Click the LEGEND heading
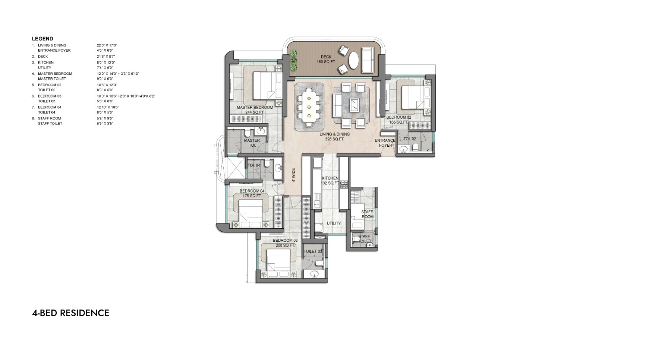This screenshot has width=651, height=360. [42, 39]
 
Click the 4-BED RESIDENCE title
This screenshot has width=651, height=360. [71, 313]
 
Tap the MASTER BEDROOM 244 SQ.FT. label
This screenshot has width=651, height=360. [254, 110]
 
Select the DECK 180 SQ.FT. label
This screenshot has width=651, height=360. [326, 59]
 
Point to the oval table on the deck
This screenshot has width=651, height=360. [354, 60]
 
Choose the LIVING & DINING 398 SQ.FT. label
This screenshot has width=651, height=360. [334, 137]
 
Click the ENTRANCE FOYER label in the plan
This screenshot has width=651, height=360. [385, 143]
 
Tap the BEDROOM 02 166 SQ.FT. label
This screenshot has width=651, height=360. [399, 120]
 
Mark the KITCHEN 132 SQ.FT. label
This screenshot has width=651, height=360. [330, 180]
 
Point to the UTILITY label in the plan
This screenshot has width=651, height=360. [334, 223]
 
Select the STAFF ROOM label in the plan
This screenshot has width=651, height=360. [367, 214]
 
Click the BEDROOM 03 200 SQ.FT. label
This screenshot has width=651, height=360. [285, 243]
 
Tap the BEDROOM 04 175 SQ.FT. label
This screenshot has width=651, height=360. [252, 193]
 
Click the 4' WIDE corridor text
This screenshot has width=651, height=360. [294, 175]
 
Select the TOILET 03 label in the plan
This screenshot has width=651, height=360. [313, 251]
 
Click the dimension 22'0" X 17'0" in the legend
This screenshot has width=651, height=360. [107, 45]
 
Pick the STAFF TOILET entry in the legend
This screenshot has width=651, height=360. [50, 124]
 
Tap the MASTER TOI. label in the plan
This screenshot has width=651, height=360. [251, 143]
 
